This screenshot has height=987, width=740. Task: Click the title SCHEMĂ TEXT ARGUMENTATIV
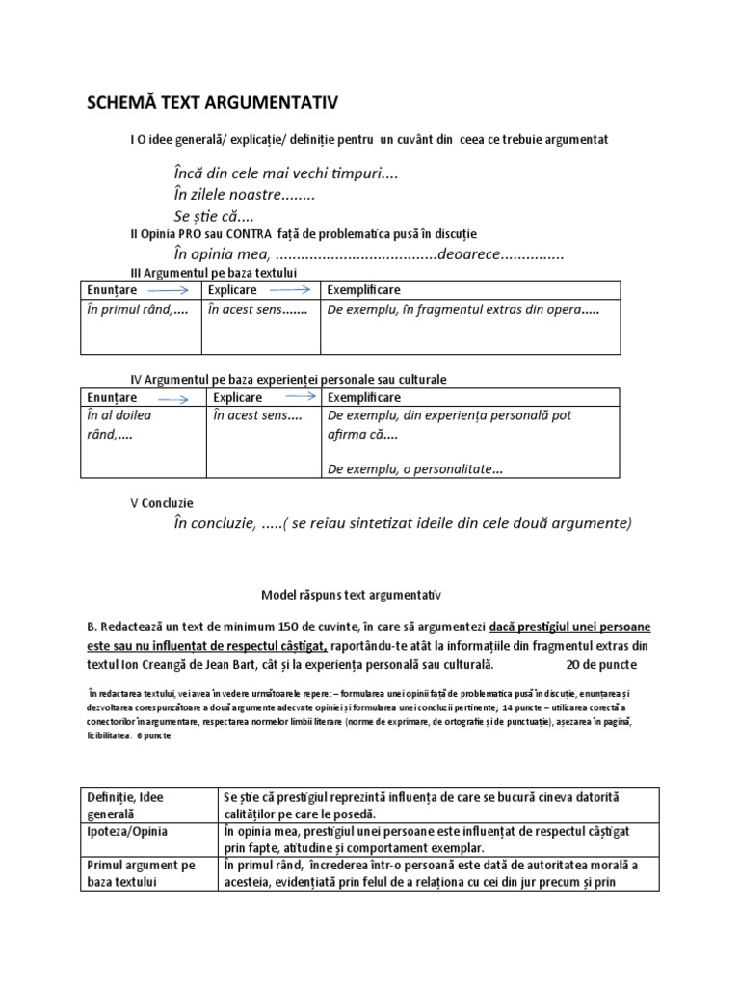[x=212, y=103]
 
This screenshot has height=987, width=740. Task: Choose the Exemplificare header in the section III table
[x=364, y=290]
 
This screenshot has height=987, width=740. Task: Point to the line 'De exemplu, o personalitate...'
[x=415, y=469]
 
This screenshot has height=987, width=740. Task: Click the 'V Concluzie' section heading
[x=162, y=503]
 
